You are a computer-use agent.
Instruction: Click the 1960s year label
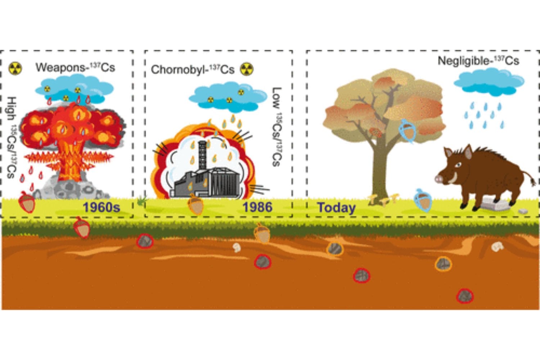102,207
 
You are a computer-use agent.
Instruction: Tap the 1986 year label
257,207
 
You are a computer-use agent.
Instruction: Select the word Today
336,208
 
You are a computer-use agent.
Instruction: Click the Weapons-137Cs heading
75,67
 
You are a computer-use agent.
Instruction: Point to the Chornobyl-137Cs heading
193,69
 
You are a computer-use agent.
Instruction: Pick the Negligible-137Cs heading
478,61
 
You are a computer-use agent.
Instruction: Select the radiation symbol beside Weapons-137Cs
15,68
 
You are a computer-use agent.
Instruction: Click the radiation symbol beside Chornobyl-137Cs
247,69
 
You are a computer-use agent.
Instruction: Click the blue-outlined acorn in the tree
408,130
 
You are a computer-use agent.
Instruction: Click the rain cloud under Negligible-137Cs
489,82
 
